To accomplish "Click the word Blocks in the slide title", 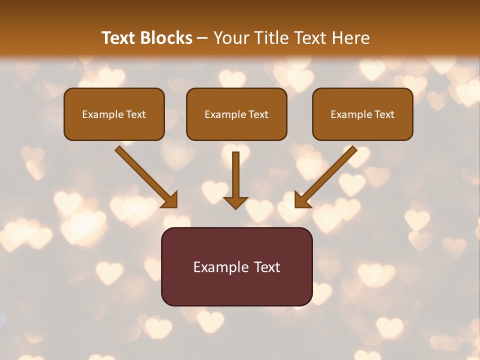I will pos(166,38).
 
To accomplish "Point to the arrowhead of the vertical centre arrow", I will pos(235,202).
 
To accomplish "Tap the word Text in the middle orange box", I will pos(258,114).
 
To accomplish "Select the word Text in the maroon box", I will pos(267,267).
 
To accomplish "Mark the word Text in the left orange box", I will pos(136,114).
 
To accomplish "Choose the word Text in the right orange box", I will pos(384,114).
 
